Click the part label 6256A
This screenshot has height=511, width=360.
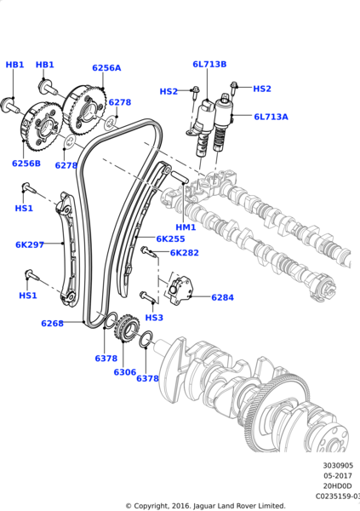[106, 68]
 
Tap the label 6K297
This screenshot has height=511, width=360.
[29, 244]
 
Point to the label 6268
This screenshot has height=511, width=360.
[52, 324]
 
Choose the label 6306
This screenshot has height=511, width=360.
[124, 372]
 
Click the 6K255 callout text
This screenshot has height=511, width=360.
[170, 239]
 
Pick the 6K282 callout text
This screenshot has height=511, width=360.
[184, 253]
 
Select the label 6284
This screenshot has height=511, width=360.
[222, 298]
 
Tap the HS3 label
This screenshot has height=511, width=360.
[153, 318]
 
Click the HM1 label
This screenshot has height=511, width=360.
[186, 227]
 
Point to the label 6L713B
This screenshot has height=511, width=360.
[209, 64]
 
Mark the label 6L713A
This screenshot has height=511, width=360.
[271, 117]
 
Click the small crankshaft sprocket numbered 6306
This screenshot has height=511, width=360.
[129, 329]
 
